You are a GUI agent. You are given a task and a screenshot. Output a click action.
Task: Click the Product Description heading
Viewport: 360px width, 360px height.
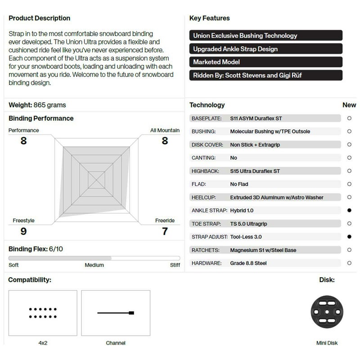[x=40, y=18]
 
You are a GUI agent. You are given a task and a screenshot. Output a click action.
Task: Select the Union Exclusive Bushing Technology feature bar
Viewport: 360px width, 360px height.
[x=265, y=36]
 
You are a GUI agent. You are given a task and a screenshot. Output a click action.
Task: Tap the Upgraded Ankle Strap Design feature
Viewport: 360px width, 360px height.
[x=265, y=49]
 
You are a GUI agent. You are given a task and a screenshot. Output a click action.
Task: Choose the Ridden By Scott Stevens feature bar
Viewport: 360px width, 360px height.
[x=265, y=75]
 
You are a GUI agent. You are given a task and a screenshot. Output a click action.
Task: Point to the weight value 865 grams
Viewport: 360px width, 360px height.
[x=49, y=105]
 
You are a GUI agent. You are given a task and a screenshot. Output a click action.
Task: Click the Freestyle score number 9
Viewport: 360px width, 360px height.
[x=23, y=231]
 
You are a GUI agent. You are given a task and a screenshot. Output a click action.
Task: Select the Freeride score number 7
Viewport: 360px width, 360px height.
[x=165, y=231]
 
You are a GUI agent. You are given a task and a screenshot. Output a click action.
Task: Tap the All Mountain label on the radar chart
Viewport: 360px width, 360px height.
[x=165, y=130]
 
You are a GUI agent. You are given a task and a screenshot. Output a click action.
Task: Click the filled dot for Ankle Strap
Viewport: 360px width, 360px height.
[x=349, y=210]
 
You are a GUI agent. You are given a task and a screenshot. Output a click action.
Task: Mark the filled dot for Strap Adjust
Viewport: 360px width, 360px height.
[x=349, y=237]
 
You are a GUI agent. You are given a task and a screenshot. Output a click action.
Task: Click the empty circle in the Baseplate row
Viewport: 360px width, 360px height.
[x=349, y=118]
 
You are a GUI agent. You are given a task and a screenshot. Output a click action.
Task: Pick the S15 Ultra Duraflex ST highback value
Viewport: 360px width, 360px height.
[x=255, y=171]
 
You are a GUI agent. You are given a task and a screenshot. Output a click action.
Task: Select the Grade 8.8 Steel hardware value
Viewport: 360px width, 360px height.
[x=248, y=263]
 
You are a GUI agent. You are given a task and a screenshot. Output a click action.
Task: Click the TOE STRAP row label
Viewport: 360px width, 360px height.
[x=206, y=224]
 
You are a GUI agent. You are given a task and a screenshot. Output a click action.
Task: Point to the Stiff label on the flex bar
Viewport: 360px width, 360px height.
[x=175, y=265]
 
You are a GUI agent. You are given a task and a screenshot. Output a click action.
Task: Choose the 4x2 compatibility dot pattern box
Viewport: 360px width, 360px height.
[x=43, y=313]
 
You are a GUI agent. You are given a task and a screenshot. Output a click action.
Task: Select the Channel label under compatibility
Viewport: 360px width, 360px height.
[x=116, y=343]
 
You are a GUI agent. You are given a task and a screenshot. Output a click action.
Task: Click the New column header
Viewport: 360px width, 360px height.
[x=349, y=105]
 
